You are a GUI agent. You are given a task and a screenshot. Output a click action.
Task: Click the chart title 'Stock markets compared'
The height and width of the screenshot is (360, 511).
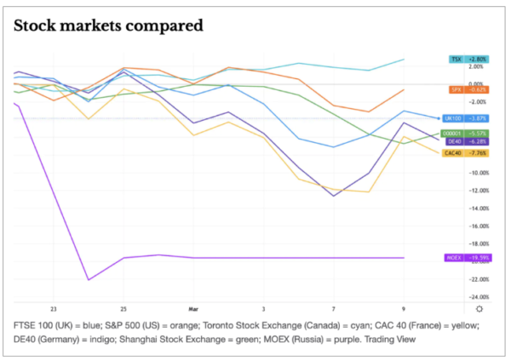pos(109,26)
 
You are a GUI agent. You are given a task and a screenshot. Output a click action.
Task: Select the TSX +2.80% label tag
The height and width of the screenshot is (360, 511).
pos(467,59)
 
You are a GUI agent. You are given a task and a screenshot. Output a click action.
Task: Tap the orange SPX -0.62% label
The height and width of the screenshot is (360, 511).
pos(467,89)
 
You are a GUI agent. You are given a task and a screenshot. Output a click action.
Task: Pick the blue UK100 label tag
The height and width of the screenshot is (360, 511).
pos(467,118)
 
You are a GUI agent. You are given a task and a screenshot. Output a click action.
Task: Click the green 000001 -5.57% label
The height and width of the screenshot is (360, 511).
pos(467,134)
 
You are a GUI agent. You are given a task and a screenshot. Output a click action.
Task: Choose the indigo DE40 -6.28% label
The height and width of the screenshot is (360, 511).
pos(467,141)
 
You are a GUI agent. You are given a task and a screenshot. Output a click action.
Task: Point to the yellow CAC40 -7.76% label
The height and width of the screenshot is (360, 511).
pos(467,153)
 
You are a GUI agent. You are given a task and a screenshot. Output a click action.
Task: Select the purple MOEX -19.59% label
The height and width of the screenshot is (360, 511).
pos(467,257)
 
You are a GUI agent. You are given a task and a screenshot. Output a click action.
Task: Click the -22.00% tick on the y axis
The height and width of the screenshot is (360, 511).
pos(478,279)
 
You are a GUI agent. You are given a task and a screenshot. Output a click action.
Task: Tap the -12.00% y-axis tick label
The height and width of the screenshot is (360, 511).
pos(478,190)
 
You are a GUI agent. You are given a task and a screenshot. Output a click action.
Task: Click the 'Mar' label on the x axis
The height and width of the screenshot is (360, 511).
pos(193,308)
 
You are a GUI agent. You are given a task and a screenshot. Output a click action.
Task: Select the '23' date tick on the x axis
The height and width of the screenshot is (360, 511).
pos(53,308)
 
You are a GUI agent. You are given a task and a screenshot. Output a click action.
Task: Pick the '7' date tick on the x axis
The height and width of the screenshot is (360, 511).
pos(334,308)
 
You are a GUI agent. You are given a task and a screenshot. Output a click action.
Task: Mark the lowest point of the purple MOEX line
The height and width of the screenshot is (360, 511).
pos(89,279)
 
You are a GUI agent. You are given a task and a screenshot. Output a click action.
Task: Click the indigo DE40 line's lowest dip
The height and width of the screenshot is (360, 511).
pos(334,196)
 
